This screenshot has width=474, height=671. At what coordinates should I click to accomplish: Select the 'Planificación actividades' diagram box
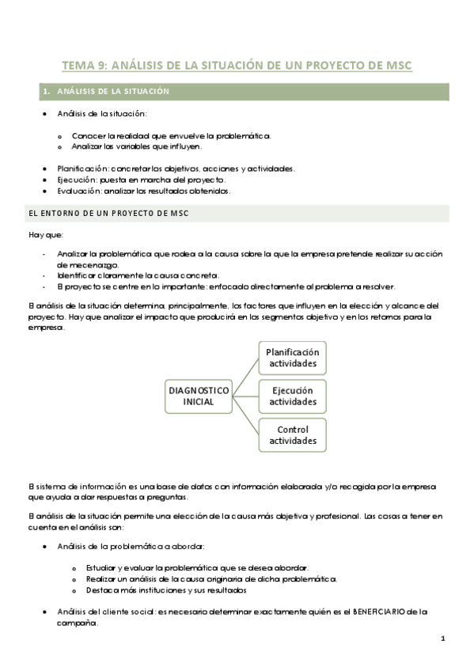click(x=292, y=358)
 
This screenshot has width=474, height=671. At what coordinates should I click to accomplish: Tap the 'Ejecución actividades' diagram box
click(x=292, y=396)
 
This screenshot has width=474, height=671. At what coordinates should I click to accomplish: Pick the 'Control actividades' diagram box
click(x=292, y=435)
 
